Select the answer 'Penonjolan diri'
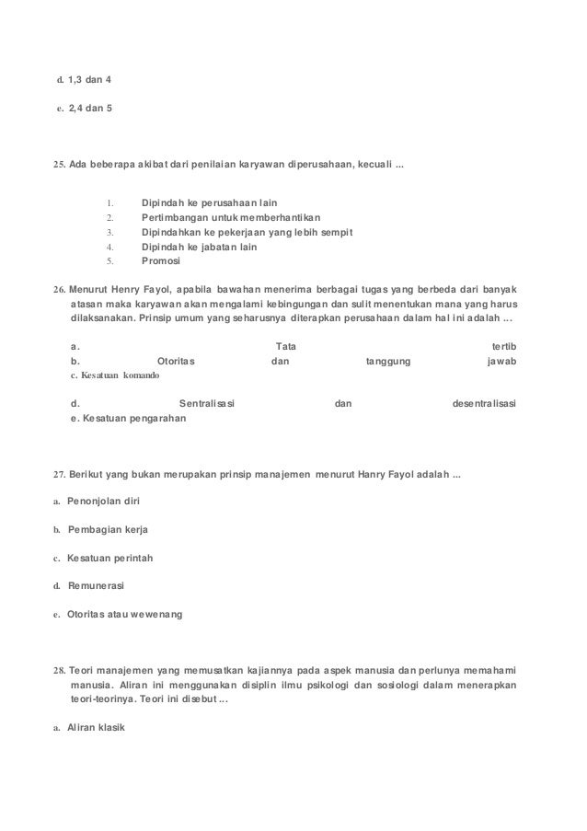pyautogui.click(x=104, y=502)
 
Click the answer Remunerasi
pyautogui.click(x=97, y=585)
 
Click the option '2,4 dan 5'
pyautogui.click(x=90, y=108)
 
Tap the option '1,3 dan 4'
pyautogui.click(x=90, y=79)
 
